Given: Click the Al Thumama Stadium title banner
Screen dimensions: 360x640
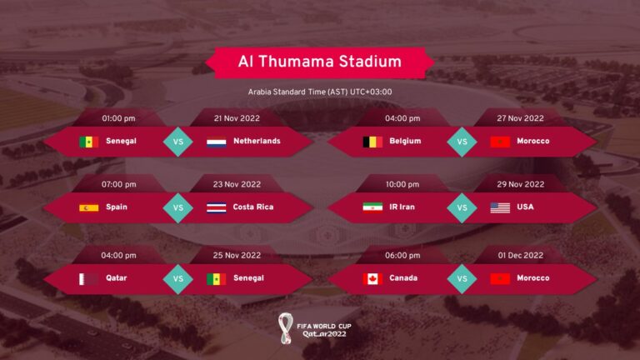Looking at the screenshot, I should point(320,62).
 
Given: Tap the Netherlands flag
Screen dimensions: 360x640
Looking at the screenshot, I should point(217,142).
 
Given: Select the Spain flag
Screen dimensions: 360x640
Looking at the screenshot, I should point(88,207).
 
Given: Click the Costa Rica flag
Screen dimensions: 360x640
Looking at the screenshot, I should point(217,207).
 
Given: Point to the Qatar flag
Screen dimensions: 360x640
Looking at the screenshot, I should point(88,278).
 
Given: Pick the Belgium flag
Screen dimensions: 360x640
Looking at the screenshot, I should point(372,142).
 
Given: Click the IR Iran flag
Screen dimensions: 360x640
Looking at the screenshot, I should point(372,207).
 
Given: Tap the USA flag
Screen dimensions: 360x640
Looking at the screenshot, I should point(500,207).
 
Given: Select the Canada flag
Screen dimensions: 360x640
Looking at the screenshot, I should point(372,278).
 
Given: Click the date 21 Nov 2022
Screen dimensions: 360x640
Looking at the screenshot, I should point(237,118).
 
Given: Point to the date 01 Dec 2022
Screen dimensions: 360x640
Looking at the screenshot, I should point(521,255).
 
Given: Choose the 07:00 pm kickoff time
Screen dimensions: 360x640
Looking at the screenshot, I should point(118,184).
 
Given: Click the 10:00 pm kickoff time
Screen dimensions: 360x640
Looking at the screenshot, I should point(402,184).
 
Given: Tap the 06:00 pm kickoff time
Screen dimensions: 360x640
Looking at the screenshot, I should point(402,255).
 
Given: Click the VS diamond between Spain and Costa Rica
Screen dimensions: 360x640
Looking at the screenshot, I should point(177,207).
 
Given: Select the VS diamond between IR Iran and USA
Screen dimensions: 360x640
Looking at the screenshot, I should point(462,207).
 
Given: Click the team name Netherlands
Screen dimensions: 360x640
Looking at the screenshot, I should point(257,142).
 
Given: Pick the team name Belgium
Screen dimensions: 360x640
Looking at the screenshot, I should point(405,142).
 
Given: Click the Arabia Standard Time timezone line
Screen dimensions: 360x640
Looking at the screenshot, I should point(320,92).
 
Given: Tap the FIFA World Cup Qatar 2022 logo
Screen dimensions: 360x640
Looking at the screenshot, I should point(312,326).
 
